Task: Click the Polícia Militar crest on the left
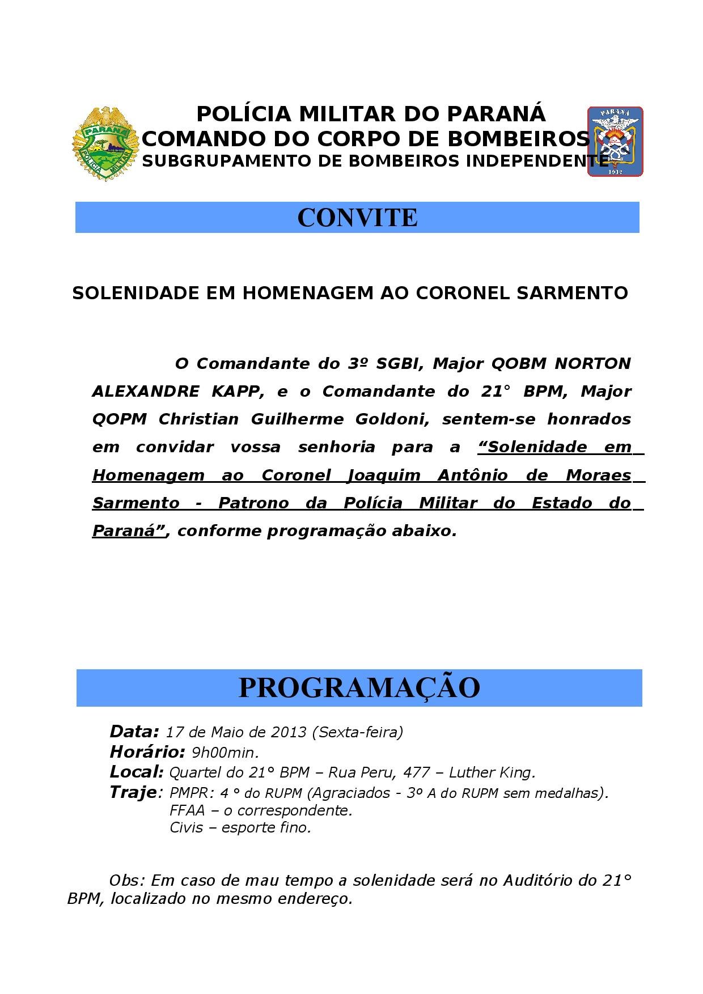(105, 144)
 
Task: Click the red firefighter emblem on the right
(615, 142)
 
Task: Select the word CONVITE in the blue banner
(357, 218)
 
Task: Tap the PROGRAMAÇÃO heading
(359, 687)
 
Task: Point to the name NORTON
(592, 363)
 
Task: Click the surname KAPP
(236, 391)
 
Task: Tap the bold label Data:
(134, 731)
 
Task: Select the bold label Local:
(137, 772)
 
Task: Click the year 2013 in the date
(289, 732)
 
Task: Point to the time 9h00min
(225, 753)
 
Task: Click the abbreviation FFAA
(187, 810)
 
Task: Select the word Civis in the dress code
(186, 827)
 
